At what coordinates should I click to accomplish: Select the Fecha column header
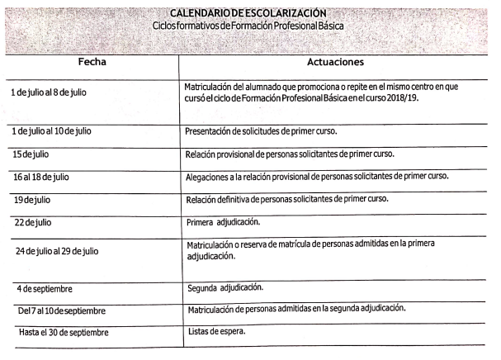tap(92, 63)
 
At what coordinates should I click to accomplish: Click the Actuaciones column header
tap(336, 62)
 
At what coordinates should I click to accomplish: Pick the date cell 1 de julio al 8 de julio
tap(49, 92)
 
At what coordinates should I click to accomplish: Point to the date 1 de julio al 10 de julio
tap(51, 132)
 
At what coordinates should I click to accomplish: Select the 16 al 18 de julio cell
tap(45, 177)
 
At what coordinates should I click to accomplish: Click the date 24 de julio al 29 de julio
tap(56, 250)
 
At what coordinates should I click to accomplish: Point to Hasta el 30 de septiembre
tap(62, 333)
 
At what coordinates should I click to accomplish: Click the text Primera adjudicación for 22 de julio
tap(224, 221)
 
